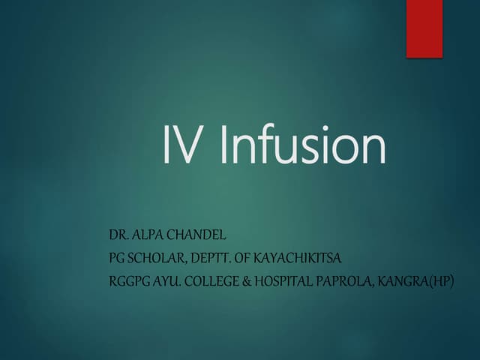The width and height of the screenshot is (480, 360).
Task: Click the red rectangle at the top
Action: (424, 28)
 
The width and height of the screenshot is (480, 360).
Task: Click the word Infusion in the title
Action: (304, 146)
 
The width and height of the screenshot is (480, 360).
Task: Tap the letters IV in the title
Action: (182, 146)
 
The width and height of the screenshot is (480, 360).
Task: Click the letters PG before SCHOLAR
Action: (117, 259)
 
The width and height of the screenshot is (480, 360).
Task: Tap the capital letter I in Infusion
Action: (224, 146)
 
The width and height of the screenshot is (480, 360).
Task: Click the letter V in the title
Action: (189, 146)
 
